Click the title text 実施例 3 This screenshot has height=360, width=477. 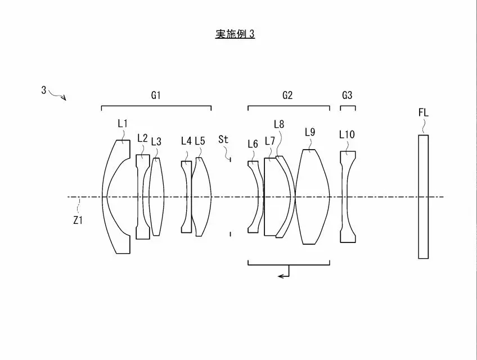pyautogui.click(x=235, y=34)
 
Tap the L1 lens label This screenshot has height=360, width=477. pyautogui.click(x=123, y=124)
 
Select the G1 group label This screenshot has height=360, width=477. pyautogui.click(x=156, y=96)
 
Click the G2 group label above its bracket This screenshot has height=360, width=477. pyautogui.click(x=287, y=96)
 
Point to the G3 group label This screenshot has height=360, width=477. pyautogui.click(x=347, y=96)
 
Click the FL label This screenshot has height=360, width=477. pyautogui.click(x=424, y=113)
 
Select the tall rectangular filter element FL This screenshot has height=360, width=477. pyautogui.click(x=424, y=197)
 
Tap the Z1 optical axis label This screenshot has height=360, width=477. pyautogui.click(x=78, y=220)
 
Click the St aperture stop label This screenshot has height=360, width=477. pyautogui.click(x=223, y=139)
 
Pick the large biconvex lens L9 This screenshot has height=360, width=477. pyautogui.click(x=312, y=197)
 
